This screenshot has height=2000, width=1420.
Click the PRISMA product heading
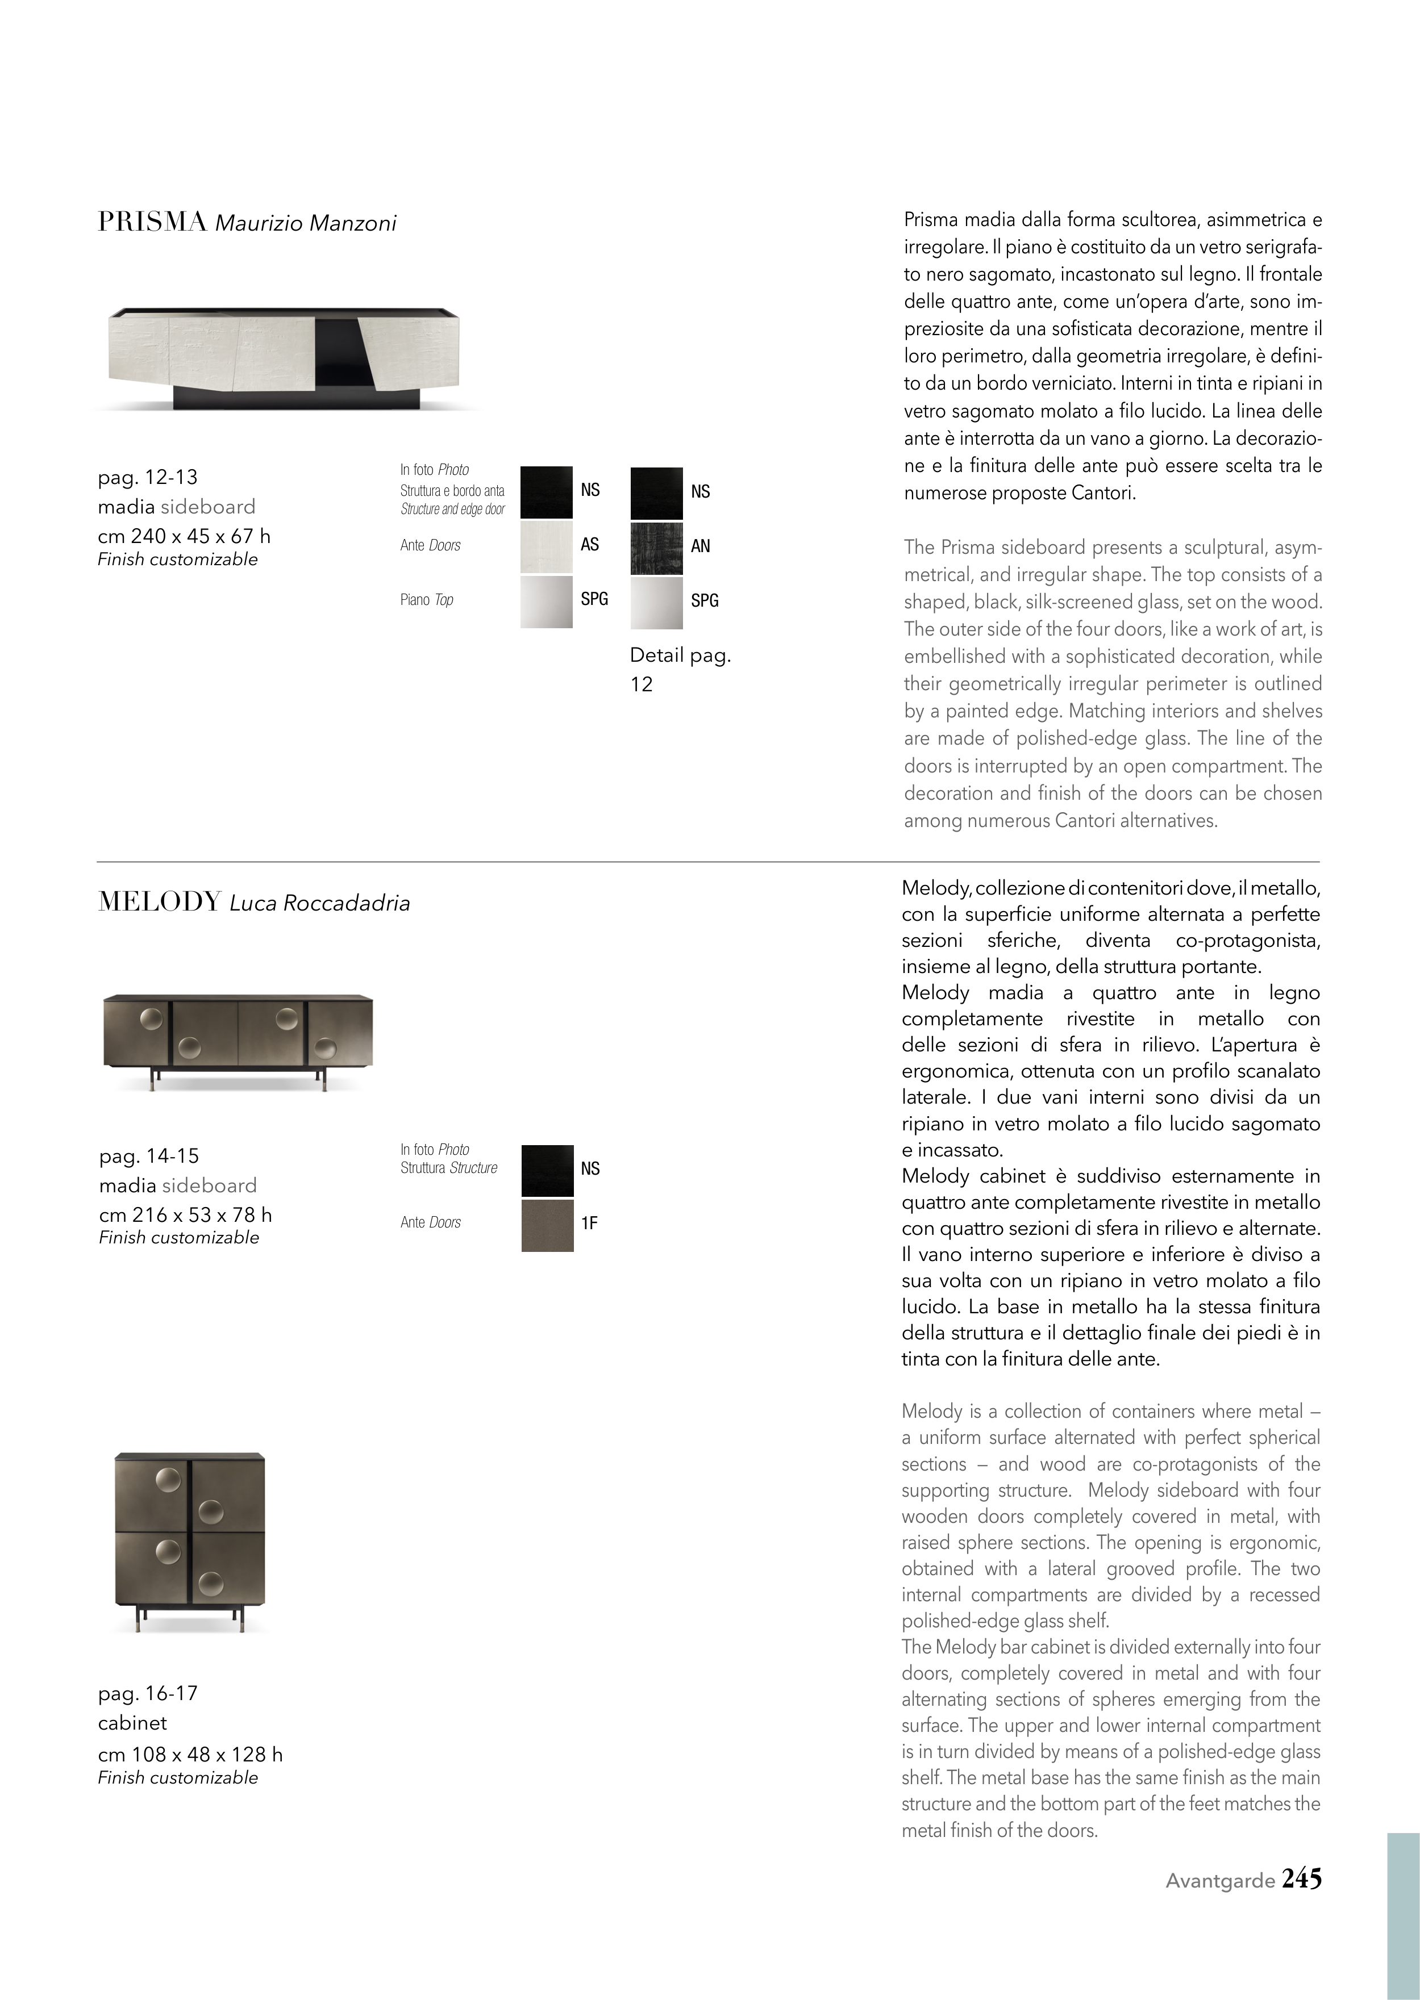click(x=152, y=222)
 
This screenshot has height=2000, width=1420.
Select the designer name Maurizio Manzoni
click(x=305, y=224)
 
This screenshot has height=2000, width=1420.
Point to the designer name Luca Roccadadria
click(x=319, y=904)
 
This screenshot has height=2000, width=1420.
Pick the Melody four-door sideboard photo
click(x=238, y=1039)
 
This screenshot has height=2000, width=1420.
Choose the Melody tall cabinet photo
click(x=190, y=1542)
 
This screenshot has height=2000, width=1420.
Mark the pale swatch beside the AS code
click(x=547, y=546)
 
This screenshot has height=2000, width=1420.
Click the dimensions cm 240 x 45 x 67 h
click(x=184, y=536)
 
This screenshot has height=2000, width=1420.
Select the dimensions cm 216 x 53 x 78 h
click(x=185, y=1215)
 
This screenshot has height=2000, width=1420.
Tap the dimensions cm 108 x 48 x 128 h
click(x=190, y=1755)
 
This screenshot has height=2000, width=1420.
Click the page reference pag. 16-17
click(x=148, y=1693)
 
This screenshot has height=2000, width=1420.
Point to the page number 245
click(x=1301, y=1878)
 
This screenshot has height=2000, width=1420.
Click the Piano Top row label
click(x=427, y=600)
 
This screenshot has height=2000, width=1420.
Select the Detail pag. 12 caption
click(x=680, y=669)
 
